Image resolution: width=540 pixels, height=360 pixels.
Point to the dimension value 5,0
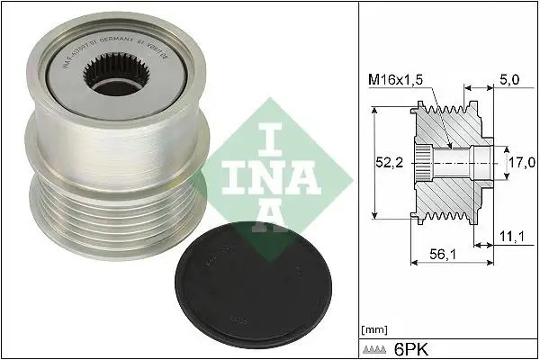click(508, 80)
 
